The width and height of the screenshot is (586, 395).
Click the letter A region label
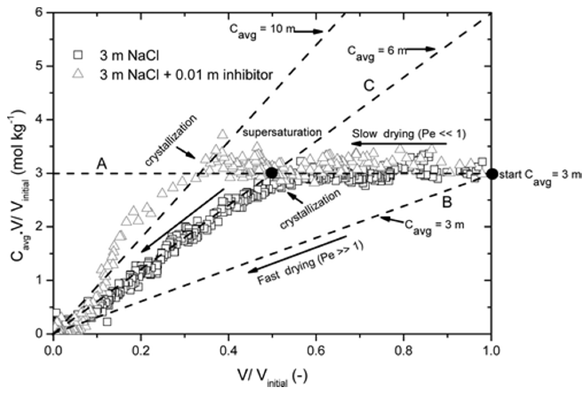click(x=102, y=165)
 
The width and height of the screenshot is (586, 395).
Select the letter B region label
click(x=447, y=202)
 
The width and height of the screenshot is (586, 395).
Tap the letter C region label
click(x=369, y=86)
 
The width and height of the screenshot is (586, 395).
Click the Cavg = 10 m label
click(x=262, y=31)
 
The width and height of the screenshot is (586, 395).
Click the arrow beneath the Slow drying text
click(x=399, y=144)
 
